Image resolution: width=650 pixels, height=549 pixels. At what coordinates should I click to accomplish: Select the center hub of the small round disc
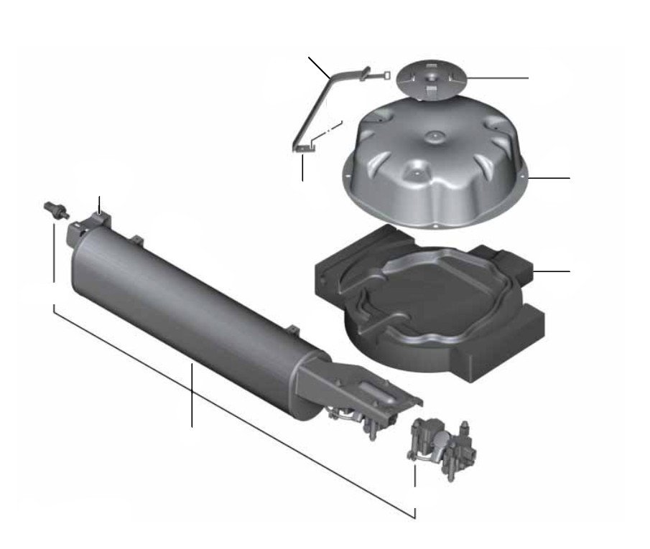(x=430, y=75)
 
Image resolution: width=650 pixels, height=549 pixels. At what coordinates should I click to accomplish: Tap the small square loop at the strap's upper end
(x=387, y=72)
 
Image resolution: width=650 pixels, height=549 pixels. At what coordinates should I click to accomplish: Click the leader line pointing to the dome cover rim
(x=549, y=177)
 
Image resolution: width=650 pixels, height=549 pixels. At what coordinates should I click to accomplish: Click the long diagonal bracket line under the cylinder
(x=230, y=409)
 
